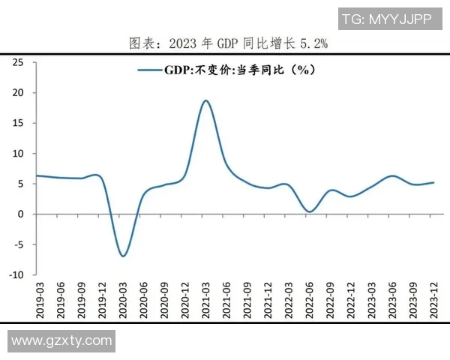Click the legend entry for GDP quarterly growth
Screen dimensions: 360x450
pos(225,70)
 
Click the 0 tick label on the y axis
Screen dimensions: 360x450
pos(21,214)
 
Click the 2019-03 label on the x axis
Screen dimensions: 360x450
pos(40,298)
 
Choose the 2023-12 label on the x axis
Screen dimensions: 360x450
pos(433,298)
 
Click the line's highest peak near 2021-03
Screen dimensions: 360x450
pos(205,100)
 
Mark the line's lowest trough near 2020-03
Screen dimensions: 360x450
pos(123,256)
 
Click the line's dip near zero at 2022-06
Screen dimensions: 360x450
pos(309,211)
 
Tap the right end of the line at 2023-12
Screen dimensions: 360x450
pos(433,182)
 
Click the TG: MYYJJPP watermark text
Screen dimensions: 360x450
pos(386,19)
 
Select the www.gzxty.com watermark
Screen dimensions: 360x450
pos(61,341)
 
